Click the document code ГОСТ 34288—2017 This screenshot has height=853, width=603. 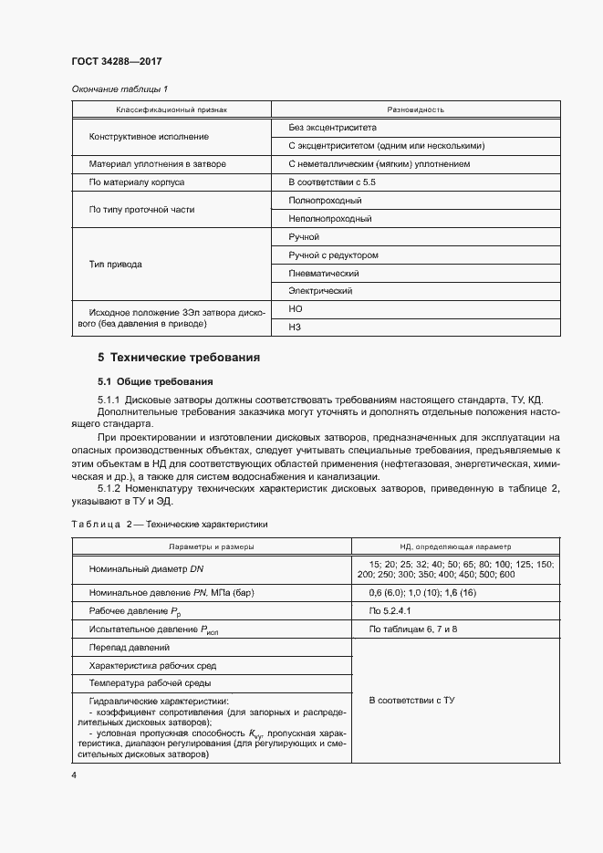click(116, 62)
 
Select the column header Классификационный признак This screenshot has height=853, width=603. click(171, 109)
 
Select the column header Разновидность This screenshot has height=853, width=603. click(415, 109)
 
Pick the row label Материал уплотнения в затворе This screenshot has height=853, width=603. click(157, 164)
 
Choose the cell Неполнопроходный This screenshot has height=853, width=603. click(329, 219)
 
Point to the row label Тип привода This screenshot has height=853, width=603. click(115, 265)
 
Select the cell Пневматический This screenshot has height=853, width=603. click(323, 274)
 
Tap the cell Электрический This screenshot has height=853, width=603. click(320, 292)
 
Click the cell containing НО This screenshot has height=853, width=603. click(295, 309)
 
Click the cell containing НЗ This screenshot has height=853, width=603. click(294, 327)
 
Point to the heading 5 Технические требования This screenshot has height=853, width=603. click(179, 358)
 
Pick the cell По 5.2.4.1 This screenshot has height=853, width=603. click(390, 610)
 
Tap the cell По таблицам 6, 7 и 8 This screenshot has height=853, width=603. click(413, 629)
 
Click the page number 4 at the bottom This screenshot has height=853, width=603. click(73, 775)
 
